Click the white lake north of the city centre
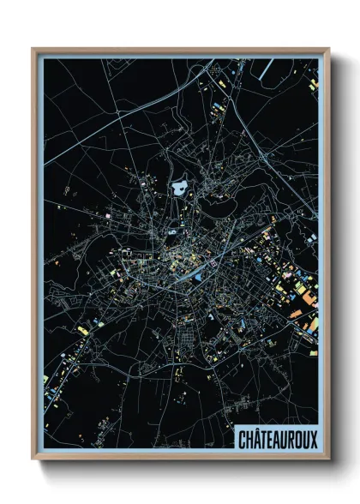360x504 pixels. click(180, 187)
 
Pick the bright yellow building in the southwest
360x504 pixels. click(82, 330)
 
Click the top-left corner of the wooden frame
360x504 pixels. click(33, 50)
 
